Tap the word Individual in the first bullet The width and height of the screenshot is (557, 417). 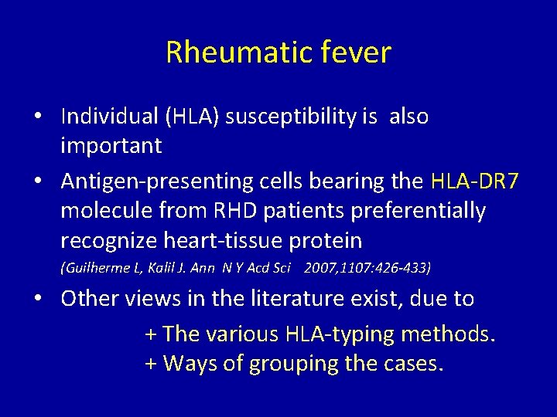click(107, 116)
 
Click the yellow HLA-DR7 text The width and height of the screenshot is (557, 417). click(473, 181)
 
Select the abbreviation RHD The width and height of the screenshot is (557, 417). click(230, 210)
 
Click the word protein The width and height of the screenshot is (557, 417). click(325, 240)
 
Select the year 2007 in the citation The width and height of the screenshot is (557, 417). click(322, 268)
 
